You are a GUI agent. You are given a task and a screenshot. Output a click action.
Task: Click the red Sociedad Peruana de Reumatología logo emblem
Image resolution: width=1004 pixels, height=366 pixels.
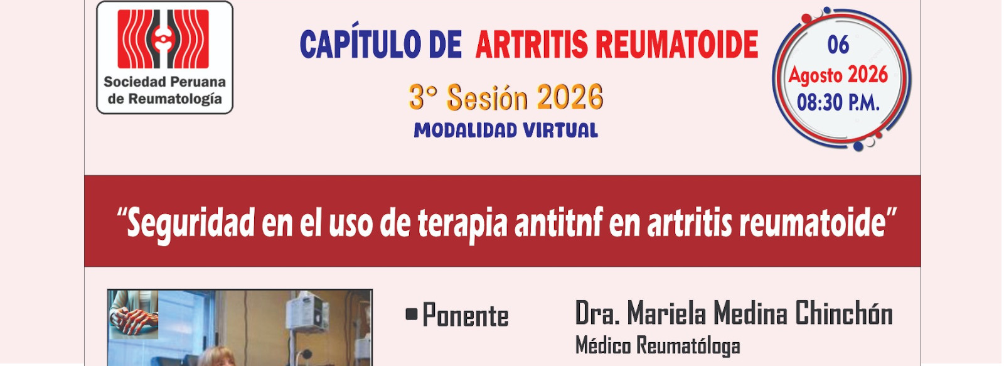coord(163,39)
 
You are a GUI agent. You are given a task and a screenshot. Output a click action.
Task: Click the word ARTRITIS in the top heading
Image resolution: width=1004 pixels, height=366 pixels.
coord(531,45)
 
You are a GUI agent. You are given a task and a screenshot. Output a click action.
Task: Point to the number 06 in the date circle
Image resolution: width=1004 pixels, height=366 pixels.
coord(838,45)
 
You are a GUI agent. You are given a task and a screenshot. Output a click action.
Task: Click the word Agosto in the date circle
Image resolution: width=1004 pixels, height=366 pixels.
coord(814,75)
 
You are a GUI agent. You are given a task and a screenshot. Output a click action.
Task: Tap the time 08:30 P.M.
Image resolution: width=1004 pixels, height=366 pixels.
coord(838,103)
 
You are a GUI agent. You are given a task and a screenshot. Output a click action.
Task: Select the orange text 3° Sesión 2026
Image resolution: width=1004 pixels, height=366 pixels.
coord(506,97)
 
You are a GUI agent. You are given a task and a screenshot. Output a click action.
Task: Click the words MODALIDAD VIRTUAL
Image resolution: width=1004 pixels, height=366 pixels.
coord(506,131)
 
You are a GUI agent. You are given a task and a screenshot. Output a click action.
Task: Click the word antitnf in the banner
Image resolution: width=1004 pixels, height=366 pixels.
coord(558,222)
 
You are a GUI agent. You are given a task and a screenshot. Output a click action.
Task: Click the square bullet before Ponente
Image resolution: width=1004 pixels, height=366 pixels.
coord(411,314)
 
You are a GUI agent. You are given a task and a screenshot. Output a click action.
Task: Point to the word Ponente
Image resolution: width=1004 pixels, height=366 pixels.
coord(465,316)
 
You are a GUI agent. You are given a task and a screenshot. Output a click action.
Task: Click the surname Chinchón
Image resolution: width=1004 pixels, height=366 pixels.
coord(843,313)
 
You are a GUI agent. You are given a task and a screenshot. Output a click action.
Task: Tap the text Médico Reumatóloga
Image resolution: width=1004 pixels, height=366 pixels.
coord(658,346)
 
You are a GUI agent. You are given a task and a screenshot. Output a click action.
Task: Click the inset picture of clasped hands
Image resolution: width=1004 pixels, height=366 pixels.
coord(134,314)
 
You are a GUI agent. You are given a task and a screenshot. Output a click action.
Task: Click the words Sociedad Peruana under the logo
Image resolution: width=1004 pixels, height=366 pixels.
coord(164,82)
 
